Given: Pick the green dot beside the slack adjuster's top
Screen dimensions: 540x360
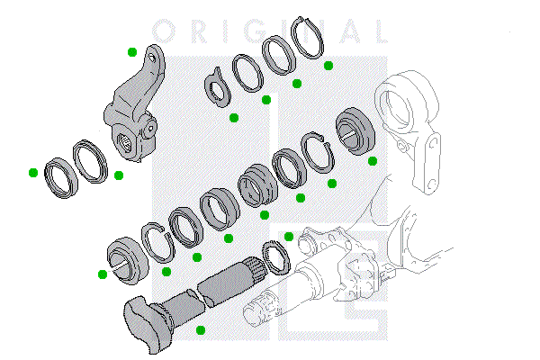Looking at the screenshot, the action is tap(132, 52).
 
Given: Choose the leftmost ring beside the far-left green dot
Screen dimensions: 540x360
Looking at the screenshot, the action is tap(60, 175).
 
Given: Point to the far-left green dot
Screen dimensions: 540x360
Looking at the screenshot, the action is tap(32, 171).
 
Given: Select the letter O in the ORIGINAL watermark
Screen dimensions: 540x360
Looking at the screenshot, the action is tap(163, 32).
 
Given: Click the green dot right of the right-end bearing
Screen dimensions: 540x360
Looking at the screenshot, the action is tap(373, 161).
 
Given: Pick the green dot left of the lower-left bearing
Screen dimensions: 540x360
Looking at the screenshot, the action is tap(103, 274).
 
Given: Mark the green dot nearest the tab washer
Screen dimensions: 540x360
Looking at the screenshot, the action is tap(233, 117).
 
